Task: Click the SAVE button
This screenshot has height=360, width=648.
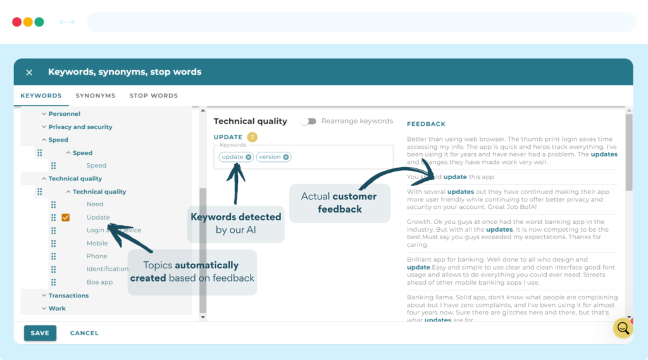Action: point(40,333)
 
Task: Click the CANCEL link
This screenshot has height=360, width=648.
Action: point(84,333)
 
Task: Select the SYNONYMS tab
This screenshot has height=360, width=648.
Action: point(96,96)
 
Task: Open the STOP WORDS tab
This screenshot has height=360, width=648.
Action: point(154,96)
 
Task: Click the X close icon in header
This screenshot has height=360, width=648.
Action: point(29,72)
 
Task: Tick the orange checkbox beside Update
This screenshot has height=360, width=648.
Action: point(66,218)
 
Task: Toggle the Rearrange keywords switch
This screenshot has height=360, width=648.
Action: point(308,121)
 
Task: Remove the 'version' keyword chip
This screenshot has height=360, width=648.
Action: point(286,157)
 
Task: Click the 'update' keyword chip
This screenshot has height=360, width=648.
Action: point(232,157)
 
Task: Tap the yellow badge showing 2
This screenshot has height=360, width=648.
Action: point(252,137)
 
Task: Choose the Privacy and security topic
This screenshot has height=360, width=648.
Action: point(80,127)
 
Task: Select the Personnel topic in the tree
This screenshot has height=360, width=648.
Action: point(65,114)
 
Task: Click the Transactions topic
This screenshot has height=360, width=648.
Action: point(69,295)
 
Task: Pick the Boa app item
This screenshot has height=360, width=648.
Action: point(99,282)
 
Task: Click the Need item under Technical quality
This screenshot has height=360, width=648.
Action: point(95,204)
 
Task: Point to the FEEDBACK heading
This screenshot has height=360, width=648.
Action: point(426,124)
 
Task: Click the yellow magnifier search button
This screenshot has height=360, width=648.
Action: point(623,328)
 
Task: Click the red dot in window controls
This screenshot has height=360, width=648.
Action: point(17,22)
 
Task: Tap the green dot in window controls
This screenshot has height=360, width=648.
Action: point(39,22)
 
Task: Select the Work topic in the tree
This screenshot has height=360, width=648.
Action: point(58,309)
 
